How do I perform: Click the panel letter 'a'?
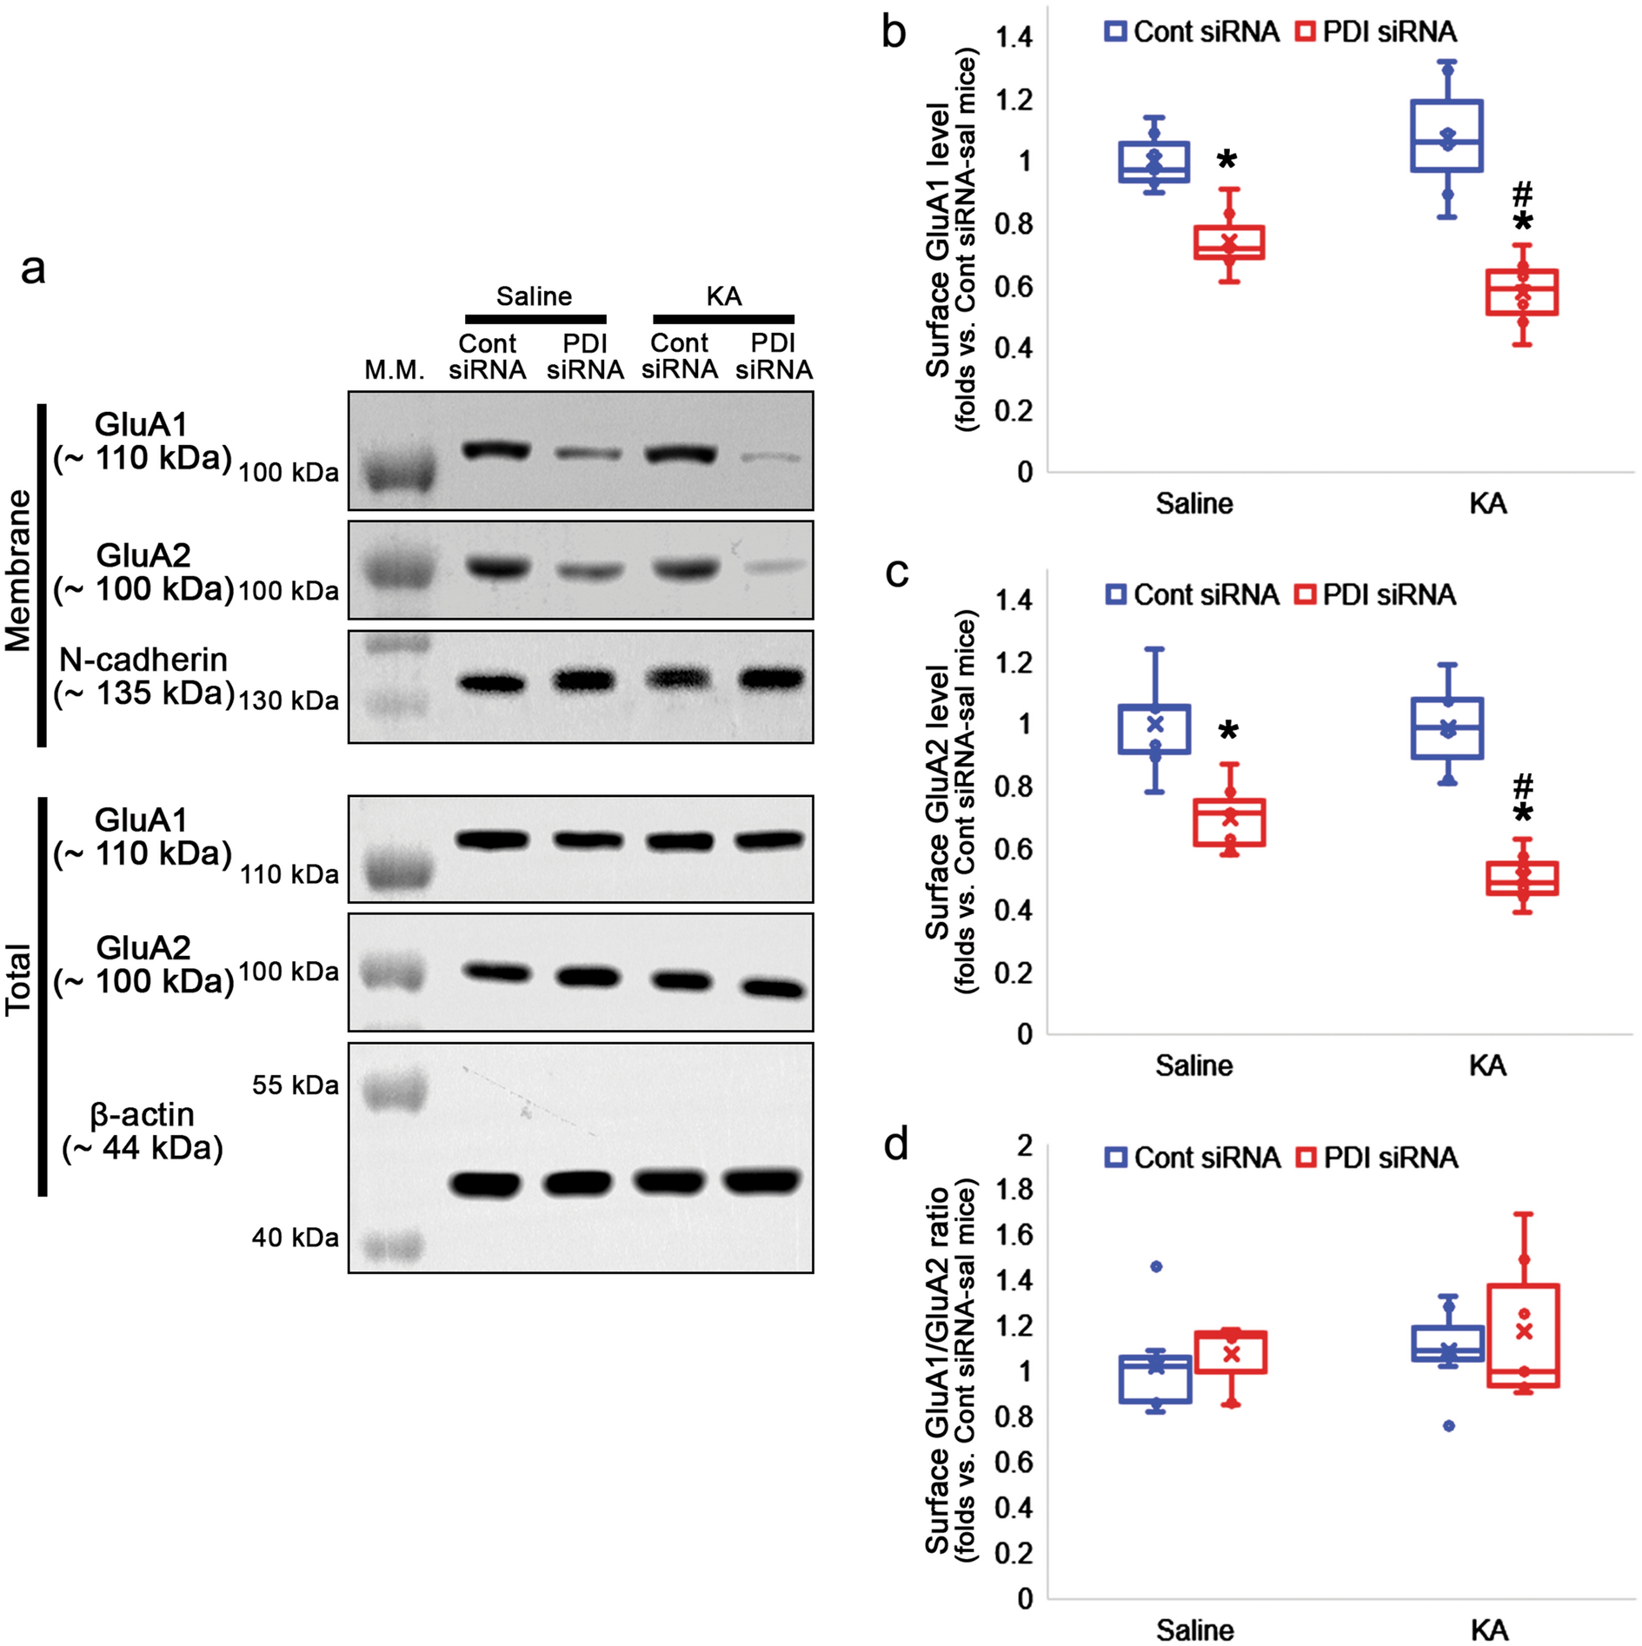pyautogui.click(x=33, y=270)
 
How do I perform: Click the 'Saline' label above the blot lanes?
pyautogui.click(x=534, y=296)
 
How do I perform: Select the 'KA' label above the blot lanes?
pyautogui.click(x=723, y=296)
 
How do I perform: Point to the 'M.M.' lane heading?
pyautogui.click(x=395, y=370)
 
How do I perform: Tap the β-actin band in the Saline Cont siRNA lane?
pyautogui.click(x=485, y=1184)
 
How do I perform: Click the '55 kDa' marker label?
pyautogui.click(x=295, y=1085)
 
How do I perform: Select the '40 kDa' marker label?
pyautogui.click(x=295, y=1238)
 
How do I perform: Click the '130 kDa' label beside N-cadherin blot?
pyautogui.click(x=288, y=700)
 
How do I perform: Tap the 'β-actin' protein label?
pyautogui.click(x=142, y=1115)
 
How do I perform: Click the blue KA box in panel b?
pyautogui.click(x=1446, y=136)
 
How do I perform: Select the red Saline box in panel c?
pyautogui.click(x=1228, y=822)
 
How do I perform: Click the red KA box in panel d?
pyautogui.click(x=1523, y=1335)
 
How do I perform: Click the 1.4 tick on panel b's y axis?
pyautogui.click(x=1014, y=37)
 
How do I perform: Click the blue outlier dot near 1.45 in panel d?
pyautogui.click(x=1156, y=1266)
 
